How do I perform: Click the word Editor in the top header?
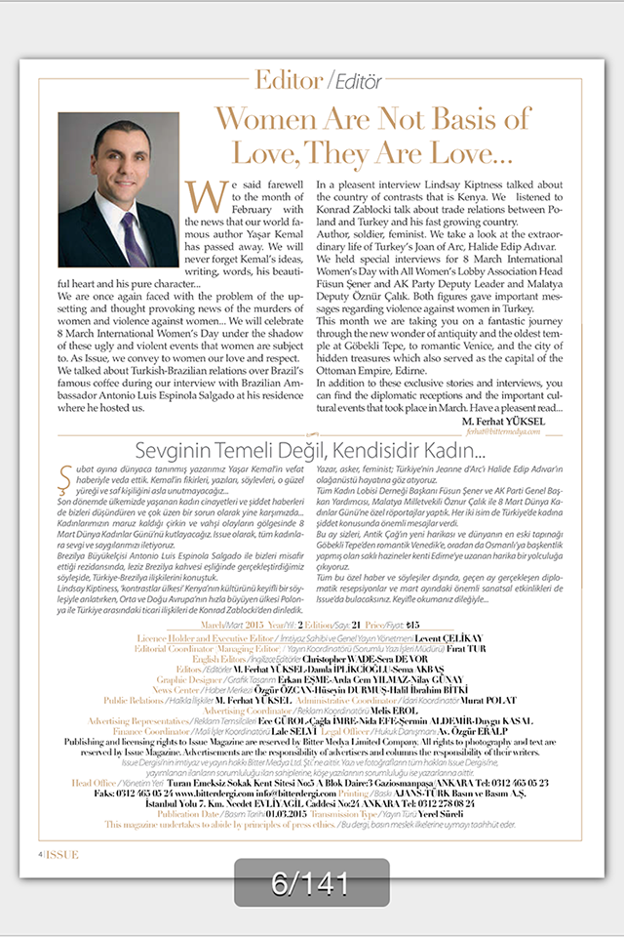pyautogui.click(x=288, y=79)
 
